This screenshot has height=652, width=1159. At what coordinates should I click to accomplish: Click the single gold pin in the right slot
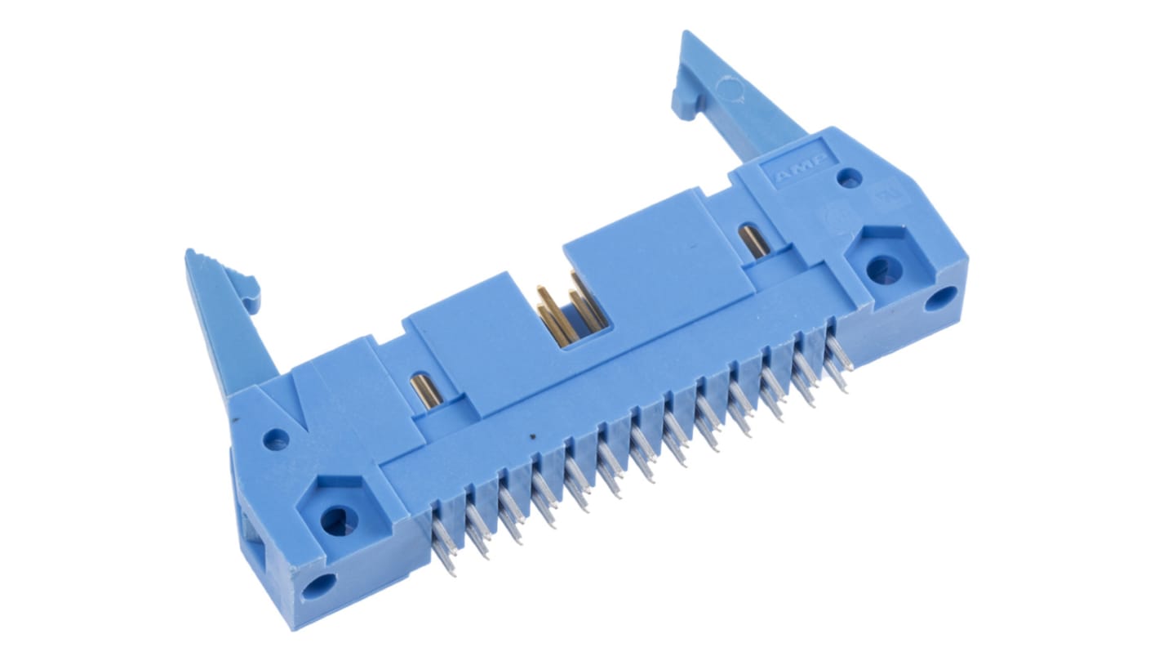point(752,242)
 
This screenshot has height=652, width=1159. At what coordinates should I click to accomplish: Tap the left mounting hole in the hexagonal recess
point(335,519)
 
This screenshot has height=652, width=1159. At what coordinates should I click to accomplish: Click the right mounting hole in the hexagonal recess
point(880,268)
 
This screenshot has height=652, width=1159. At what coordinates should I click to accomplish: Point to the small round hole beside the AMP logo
point(849,176)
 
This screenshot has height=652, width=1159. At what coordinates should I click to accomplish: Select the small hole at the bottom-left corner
point(318,586)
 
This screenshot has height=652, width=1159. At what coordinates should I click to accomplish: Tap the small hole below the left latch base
point(276,440)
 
